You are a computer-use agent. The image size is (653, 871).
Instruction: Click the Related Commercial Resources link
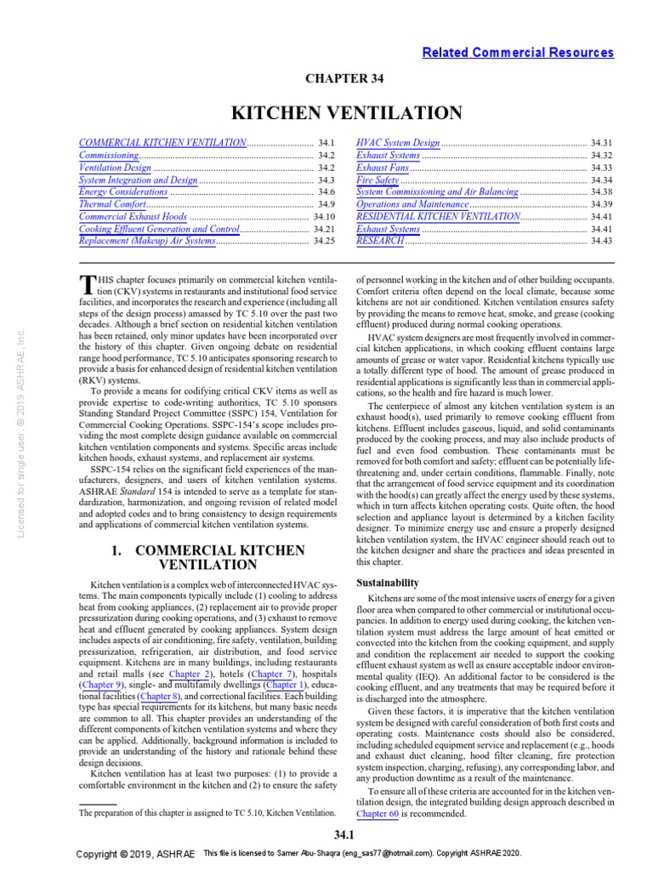(x=518, y=53)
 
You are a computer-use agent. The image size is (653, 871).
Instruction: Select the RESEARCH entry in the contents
(x=380, y=242)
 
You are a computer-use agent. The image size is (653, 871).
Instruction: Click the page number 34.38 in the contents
(x=602, y=193)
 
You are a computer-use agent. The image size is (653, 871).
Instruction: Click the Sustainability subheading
(x=387, y=583)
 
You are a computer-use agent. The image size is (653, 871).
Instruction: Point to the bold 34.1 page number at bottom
(x=344, y=834)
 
